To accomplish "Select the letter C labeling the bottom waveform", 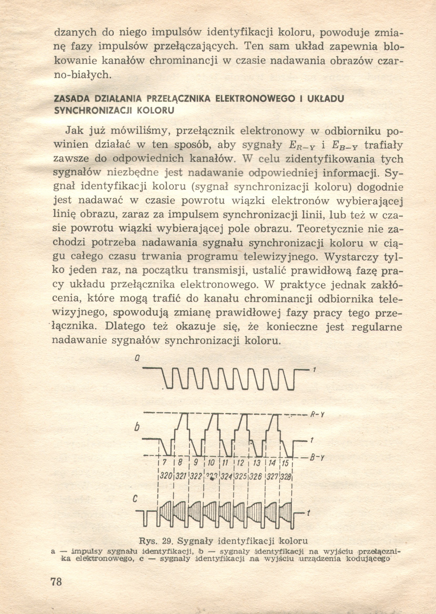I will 135,499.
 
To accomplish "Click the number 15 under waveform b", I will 286,463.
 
